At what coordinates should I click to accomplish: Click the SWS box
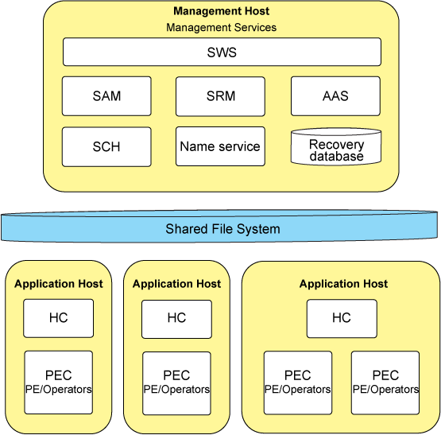click(x=222, y=52)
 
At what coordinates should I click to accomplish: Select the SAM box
click(x=106, y=96)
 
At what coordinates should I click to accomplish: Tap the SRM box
click(x=220, y=96)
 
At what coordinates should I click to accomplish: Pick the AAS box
click(x=335, y=96)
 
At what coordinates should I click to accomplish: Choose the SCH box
click(x=106, y=146)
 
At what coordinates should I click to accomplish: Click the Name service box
click(x=220, y=146)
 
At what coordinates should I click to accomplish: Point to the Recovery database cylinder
click(x=336, y=146)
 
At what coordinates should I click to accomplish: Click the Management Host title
click(x=222, y=11)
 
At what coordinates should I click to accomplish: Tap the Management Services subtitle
click(x=222, y=28)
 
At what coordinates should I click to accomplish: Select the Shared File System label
click(x=222, y=228)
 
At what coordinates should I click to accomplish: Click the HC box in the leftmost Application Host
click(x=59, y=318)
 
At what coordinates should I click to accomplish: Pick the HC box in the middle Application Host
click(x=176, y=319)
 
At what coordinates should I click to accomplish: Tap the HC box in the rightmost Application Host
click(x=342, y=318)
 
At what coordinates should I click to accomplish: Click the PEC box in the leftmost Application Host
click(x=59, y=383)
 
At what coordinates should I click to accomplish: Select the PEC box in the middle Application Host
click(x=176, y=383)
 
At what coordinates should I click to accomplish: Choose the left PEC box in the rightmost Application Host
click(x=298, y=383)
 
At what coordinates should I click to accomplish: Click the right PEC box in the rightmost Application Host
click(x=385, y=383)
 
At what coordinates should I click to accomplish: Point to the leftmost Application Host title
click(x=59, y=284)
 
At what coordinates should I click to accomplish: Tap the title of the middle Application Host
click(x=176, y=284)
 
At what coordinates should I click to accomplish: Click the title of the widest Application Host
click(x=343, y=284)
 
